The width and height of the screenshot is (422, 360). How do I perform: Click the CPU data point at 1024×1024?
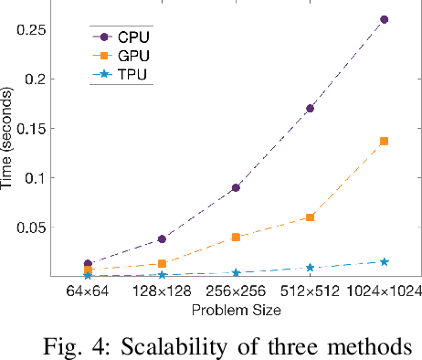tap(384, 19)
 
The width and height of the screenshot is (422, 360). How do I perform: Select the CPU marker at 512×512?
tap(311, 108)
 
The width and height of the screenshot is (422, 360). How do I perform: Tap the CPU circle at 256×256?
tap(236, 187)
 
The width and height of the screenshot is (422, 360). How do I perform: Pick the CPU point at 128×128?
tap(162, 238)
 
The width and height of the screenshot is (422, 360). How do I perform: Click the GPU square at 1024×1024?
tap(384, 141)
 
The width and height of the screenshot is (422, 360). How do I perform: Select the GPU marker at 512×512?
tap(311, 217)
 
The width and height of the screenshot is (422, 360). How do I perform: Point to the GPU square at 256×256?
tap(236, 237)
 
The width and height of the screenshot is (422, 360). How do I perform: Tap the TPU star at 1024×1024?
tap(384, 262)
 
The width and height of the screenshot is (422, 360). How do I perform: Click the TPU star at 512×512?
tap(311, 268)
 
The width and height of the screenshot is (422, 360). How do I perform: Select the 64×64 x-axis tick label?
tap(88, 292)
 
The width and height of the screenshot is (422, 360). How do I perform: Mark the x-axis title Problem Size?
tap(235, 311)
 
